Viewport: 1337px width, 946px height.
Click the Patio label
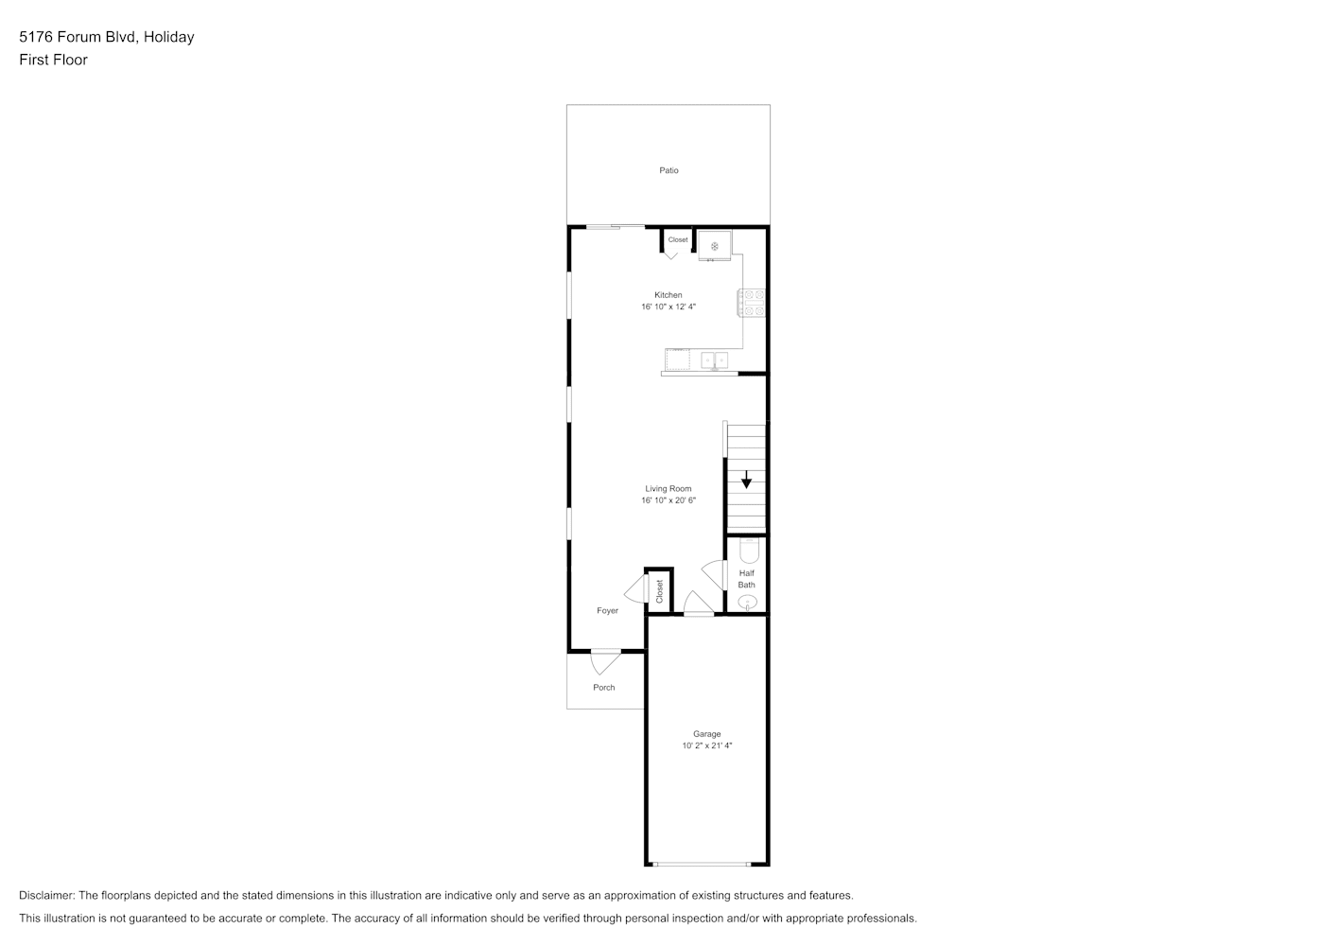pos(668,170)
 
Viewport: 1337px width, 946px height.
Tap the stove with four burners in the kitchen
pos(752,303)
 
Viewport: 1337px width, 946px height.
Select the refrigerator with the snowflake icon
pos(715,245)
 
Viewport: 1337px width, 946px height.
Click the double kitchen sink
pos(715,360)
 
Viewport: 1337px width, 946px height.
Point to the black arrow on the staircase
pos(746,480)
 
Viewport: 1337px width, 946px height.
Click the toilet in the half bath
pos(749,551)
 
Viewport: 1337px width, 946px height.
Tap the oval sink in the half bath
pos(747,602)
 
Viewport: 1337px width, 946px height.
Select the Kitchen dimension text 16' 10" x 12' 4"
pos(668,307)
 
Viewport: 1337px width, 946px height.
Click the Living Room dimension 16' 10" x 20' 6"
pos(668,499)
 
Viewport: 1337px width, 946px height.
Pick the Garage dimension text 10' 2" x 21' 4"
pos(707,745)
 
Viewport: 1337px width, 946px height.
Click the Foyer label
pos(608,610)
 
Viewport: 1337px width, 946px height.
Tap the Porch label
pos(604,688)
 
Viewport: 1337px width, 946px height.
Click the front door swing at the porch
pos(604,662)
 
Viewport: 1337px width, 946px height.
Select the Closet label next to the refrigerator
pos(678,239)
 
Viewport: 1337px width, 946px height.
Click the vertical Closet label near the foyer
pos(660,591)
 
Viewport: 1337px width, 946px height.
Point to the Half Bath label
pos(747,579)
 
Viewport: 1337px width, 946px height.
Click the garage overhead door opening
pos(701,864)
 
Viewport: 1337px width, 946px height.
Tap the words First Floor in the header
pos(53,60)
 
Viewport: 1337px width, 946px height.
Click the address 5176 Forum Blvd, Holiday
pos(107,37)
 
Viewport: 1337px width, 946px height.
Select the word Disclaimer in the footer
pos(47,895)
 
